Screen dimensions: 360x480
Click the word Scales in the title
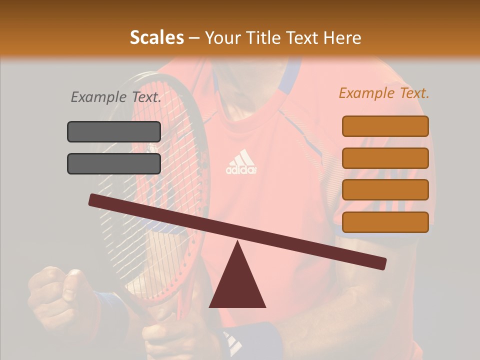[156, 37]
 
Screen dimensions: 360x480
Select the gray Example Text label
[116, 97]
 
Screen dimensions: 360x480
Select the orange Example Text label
[384, 93]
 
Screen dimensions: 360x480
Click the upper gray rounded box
[114, 131]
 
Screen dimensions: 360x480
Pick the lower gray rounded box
[114, 163]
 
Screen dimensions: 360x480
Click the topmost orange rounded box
[385, 126]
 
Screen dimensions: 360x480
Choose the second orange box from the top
[385, 158]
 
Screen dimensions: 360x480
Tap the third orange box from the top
[385, 189]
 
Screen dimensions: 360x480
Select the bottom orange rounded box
[385, 222]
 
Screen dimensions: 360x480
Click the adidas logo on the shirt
[241, 162]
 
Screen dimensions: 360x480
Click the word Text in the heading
[304, 38]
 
